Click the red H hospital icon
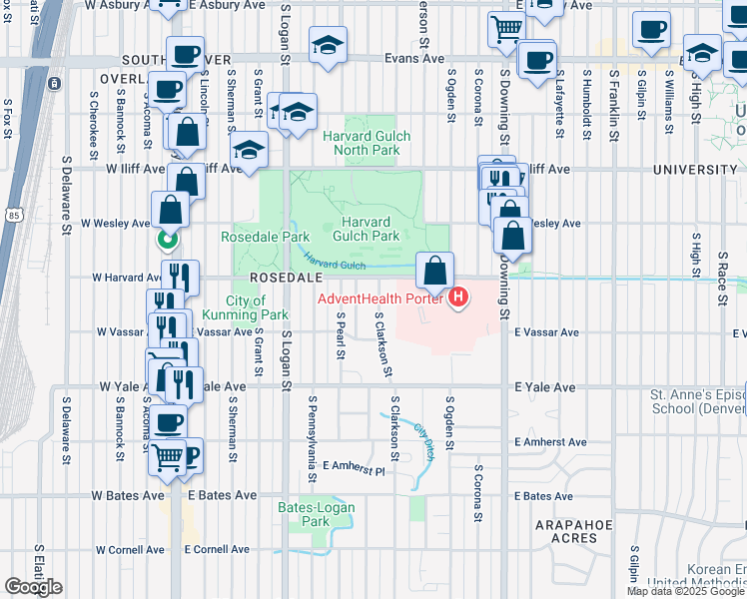click(458, 298)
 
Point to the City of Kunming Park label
click(246, 307)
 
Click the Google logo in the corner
click(33, 587)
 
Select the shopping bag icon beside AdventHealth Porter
click(435, 270)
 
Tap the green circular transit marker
click(167, 240)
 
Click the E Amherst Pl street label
click(354, 470)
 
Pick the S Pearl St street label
click(341, 338)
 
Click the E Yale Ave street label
click(544, 386)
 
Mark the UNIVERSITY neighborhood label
click(695, 170)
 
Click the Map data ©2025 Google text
click(684, 591)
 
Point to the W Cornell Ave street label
click(130, 549)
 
